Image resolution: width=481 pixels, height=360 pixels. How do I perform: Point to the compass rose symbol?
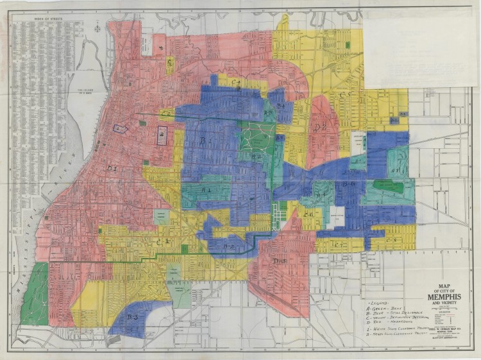(x=96, y=28)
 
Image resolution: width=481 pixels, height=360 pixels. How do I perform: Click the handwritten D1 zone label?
(x=112, y=168)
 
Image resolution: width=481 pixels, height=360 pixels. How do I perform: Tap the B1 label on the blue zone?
(x=205, y=141)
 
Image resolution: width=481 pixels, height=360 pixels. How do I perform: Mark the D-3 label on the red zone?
(x=279, y=261)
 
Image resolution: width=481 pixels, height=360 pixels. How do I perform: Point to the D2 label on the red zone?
(x=321, y=127)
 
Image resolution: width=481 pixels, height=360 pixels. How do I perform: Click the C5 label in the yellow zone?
(x=345, y=95)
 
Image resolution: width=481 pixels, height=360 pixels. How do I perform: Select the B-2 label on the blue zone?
(x=228, y=246)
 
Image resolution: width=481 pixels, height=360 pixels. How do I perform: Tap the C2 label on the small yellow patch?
(x=165, y=114)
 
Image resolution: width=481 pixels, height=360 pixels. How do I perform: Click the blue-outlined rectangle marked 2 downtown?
(x=162, y=135)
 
